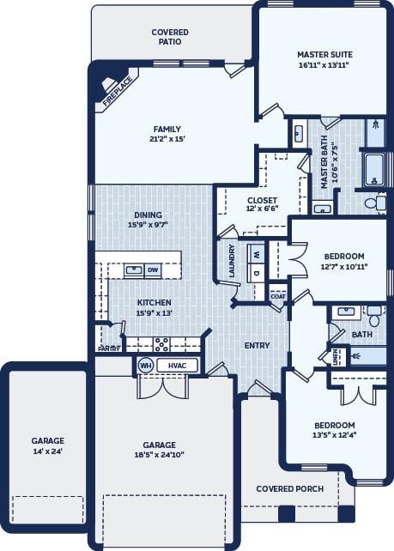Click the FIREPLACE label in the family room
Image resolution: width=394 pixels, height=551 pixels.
pyautogui.click(x=118, y=91)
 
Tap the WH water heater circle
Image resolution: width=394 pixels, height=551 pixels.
pyautogui.click(x=146, y=366)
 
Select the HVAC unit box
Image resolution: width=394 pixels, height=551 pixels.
pyautogui.click(x=177, y=366)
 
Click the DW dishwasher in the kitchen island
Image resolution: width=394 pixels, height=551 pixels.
pyautogui.click(x=153, y=270)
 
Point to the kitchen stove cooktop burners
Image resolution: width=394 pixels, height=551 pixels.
pyautogui.click(x=161, y=344)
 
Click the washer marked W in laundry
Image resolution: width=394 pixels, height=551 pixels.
pyautogui.click(x=257, y=254)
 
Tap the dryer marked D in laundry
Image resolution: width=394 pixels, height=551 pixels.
pyautogui.click(x=257, y=273)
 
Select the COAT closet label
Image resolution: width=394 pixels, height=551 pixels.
pyautogui.click(x=278, y=296)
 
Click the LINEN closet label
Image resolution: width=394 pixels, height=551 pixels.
pyautogui.click(x=335, y=356)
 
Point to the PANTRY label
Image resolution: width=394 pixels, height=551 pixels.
pyautogui.click(x=109, y=348)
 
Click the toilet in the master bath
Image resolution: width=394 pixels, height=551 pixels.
pyautogui.click(x=375, y=203)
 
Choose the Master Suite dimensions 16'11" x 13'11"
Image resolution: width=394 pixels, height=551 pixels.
pyautogui.click(x=325, y=65)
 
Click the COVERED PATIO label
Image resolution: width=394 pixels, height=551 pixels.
pyautogui.click(x=170, y=37)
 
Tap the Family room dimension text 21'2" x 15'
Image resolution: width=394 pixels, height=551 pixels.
pyautogui.click(x=167, y=139)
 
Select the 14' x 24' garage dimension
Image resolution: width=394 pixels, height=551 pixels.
pyautogui.click(x=48, y=451)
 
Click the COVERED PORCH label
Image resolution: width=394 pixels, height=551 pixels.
pyautogui.click(x=290, y=489)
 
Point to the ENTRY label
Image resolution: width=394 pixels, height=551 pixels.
pyautogui.click(x=258, y=345)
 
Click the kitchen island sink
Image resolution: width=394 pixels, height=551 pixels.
pyautogui.click(x=134, y=270)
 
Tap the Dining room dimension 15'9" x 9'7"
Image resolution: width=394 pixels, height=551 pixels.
pyautogui.click(x=149, y=225)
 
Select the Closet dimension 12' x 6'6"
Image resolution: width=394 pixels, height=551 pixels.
pyautogui.click(x=262, y=209)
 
